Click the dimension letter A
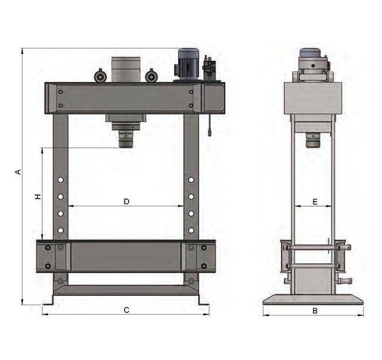18,172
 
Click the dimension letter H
38,196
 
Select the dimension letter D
126,201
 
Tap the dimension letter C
126,310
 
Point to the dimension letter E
315,202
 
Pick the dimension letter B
315,311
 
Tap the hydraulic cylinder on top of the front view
126,70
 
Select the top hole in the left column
61,180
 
